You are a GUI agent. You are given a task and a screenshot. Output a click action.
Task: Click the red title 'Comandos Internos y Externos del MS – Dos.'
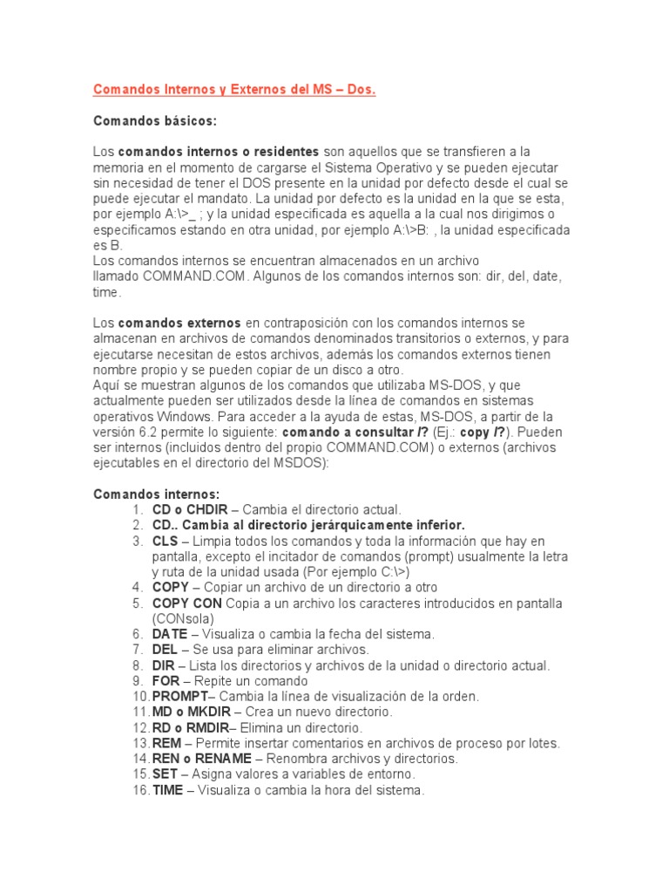(x=234, y=90)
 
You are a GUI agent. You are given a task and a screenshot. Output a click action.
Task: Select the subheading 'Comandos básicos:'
(x=154, y=120)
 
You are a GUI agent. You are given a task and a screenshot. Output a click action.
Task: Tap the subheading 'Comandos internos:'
(x=157, y=494)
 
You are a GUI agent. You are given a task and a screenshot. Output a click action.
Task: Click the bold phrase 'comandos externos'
(x=179, y=323)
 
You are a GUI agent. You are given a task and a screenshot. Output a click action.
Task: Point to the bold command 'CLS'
(x=165, y=541)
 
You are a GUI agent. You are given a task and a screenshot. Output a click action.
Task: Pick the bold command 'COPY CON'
(x=187, y=603)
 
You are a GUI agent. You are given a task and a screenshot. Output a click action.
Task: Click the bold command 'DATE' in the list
(x=170, y=634)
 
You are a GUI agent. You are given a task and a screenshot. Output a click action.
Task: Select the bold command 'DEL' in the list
(x=165, y=650)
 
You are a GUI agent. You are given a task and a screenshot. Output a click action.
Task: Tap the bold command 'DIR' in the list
(x=164, y=665)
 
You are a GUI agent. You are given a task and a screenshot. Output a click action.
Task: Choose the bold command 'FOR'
(x=166, y=681)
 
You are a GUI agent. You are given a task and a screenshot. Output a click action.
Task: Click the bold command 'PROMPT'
(x=180, y=697)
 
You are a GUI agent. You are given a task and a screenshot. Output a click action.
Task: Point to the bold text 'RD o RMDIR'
(x=191, y=727)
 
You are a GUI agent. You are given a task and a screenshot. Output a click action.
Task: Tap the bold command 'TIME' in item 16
(x=168, y=790)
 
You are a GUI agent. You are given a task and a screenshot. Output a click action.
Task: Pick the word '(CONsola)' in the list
(x=181, y=618)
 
